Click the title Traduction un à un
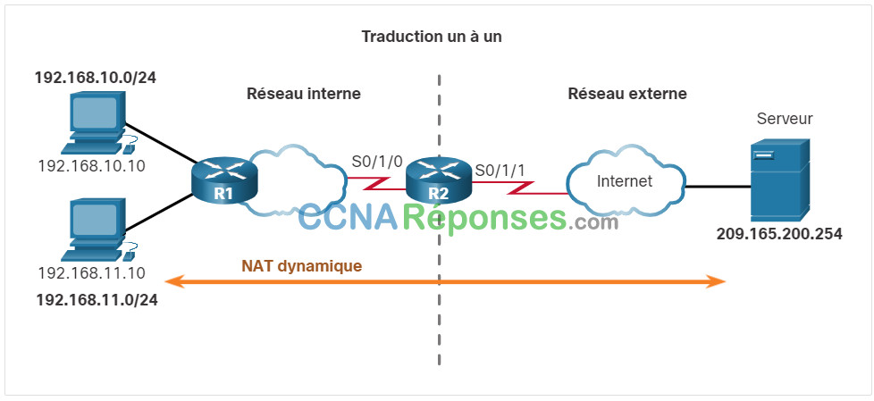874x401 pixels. (432, 37)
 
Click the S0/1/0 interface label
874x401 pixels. (377, 162)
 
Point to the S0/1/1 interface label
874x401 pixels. (500, 170)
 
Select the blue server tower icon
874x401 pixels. (779, 180)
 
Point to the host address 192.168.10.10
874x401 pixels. (91, 165)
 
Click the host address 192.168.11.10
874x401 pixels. (91, 273)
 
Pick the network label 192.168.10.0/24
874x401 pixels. (96, 78)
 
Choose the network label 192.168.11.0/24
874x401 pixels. (97, 300)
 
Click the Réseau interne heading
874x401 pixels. (304, 94)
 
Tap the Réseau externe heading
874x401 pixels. (627, 94)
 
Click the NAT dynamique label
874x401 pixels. (301, 266)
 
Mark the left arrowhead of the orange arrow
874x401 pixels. (174, 281)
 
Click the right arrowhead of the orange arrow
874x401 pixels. (717, 281)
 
